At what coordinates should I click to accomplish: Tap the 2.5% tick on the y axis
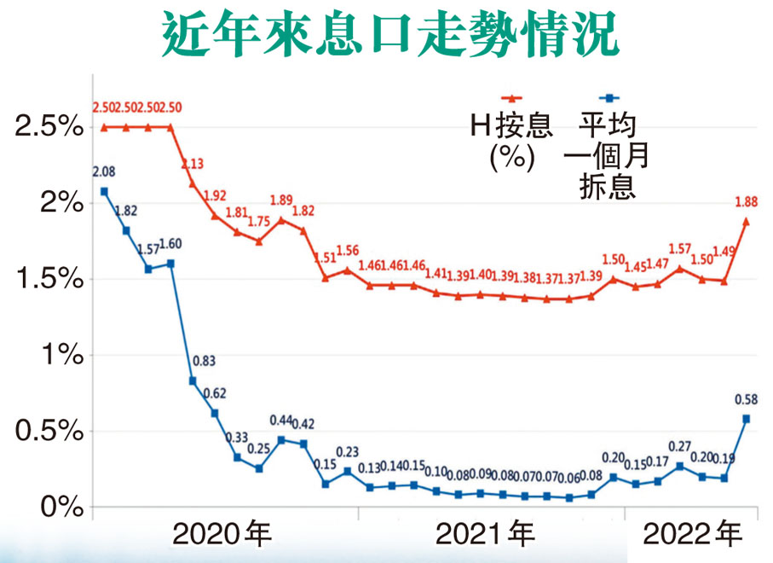coord(48,128)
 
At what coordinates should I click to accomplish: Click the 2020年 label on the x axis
coord(222,536)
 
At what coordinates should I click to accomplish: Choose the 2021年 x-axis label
coord(485,536)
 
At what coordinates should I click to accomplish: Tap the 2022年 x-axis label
coord(692,536)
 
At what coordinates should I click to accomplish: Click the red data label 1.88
coord(746,202)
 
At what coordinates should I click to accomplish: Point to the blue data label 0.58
coord(746,399)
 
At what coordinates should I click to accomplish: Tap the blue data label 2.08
coord(104,172)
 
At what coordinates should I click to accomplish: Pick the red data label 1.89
coord(281,200)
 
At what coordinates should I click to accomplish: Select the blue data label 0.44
coord(281,421)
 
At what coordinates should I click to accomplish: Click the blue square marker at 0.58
coord(747,419)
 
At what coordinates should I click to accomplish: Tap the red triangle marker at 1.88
coord(747,222)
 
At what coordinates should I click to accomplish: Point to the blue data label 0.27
coord(680,446)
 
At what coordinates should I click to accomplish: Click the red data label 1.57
coord(680,248)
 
